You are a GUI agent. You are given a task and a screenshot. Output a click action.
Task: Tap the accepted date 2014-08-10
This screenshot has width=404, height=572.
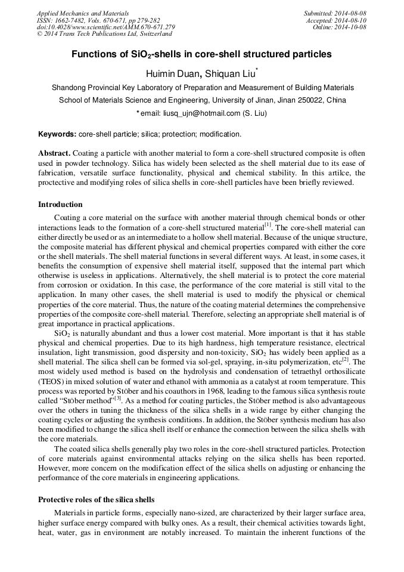[x=351, y=20]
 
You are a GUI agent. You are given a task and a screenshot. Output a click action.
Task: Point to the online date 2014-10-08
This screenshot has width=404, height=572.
[x=351, y=27]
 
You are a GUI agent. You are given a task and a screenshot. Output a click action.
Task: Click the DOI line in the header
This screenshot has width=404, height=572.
[x=105, y=27]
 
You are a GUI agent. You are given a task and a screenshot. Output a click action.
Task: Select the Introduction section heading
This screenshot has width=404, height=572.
[x=60, y=205]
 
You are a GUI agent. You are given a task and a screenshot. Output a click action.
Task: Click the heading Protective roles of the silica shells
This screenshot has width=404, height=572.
[x=96, y=499]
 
